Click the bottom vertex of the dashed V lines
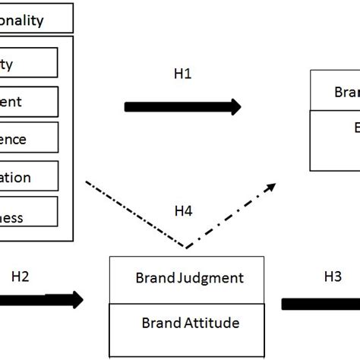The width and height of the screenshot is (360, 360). (185, 248)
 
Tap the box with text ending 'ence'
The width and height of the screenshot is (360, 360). (29, 138)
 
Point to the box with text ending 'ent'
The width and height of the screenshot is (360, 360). (29, 101)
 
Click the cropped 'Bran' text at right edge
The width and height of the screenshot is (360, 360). (346, 92)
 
